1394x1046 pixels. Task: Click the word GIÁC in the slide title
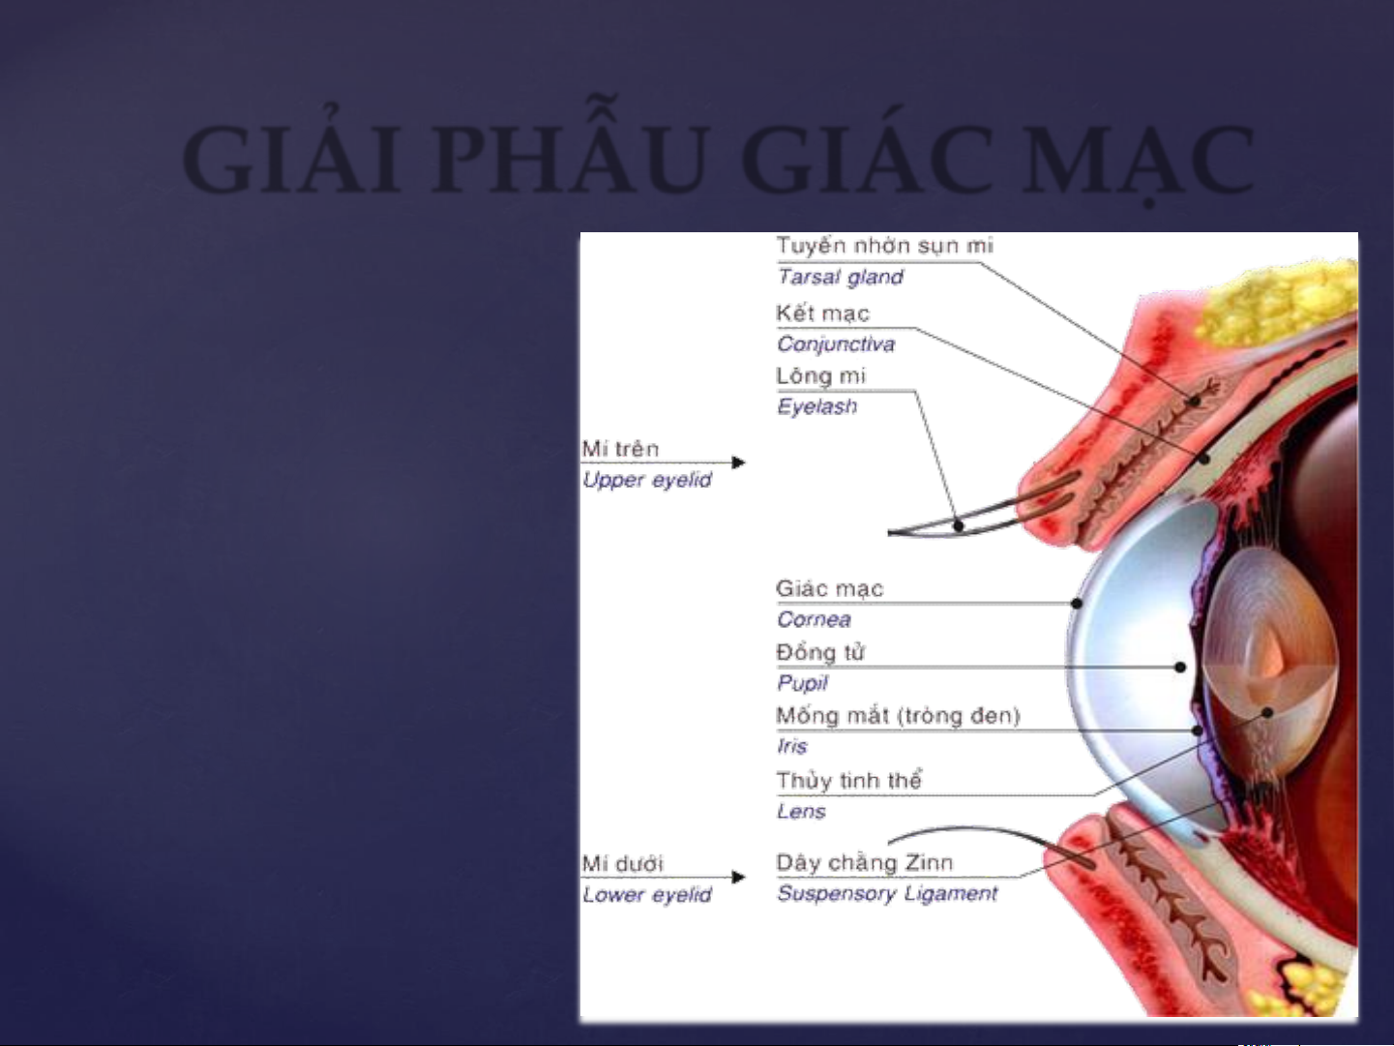coord(866,160)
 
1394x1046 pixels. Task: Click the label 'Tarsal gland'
coord(840,277)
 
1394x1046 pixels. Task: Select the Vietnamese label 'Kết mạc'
coord(822,314)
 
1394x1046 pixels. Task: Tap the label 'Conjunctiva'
coord(836,344)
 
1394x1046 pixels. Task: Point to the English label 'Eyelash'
coord(816,405)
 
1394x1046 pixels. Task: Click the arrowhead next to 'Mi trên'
coord(738,463)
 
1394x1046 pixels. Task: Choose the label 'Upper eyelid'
coord(646,480)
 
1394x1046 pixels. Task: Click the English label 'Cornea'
coord(814,619)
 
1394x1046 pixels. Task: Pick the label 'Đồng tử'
coord(820,652)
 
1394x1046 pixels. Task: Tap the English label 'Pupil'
coord(802,683)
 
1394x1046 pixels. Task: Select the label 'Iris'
coord(792,746)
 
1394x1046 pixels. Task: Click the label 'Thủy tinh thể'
coord(848,780)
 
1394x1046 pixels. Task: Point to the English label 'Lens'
coord(801,811)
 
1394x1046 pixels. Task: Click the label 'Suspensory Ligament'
coord(886,894)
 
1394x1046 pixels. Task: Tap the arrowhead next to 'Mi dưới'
coord(738,877)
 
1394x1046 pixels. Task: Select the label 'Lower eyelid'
coord(646,895)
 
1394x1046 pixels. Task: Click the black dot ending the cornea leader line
coord(1077,603)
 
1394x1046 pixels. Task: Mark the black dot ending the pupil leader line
coord(1180,667)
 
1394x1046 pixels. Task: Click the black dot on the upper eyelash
coord(959,525)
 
